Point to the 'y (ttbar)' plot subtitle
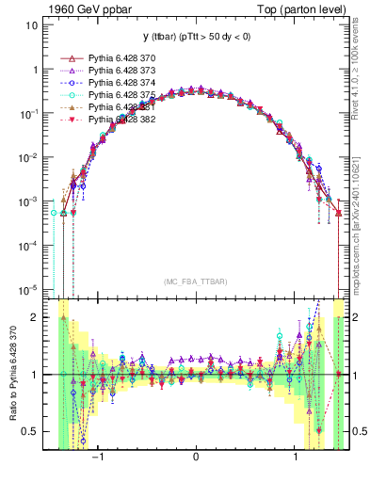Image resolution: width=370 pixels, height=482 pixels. (x=195, y=37)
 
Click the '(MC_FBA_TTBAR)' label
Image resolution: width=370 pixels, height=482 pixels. (x=195, y=281)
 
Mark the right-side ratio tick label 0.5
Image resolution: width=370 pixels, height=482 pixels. (x=359, y=431)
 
